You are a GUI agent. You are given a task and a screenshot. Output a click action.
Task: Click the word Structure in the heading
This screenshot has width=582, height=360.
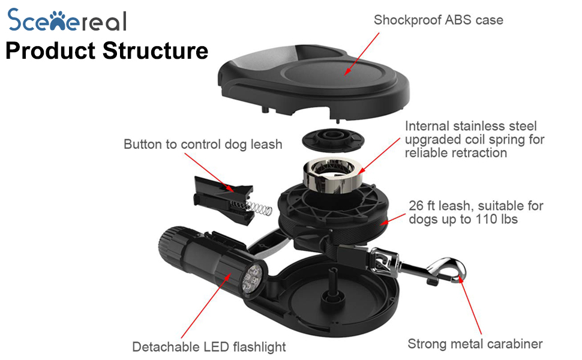point(155,50)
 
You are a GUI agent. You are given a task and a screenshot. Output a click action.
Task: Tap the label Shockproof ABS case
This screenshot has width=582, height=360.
point(439,20)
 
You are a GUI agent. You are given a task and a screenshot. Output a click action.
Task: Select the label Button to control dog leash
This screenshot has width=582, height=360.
point(203,145)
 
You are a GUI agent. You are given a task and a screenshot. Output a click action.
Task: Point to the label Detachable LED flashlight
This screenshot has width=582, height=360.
point(209,347)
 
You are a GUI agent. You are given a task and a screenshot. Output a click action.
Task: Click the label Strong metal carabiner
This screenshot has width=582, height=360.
point(475,344)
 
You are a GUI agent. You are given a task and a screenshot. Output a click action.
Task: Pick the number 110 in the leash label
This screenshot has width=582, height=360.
point(486,219)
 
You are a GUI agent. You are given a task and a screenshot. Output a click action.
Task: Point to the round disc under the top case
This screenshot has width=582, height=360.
point(333,140)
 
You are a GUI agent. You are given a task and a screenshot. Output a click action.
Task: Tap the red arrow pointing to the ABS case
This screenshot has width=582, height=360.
point(362,54)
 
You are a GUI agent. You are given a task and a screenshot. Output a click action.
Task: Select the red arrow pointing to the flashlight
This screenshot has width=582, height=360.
point(206,306)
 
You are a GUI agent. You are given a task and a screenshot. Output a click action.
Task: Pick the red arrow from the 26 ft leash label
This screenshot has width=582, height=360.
point(393,220)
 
